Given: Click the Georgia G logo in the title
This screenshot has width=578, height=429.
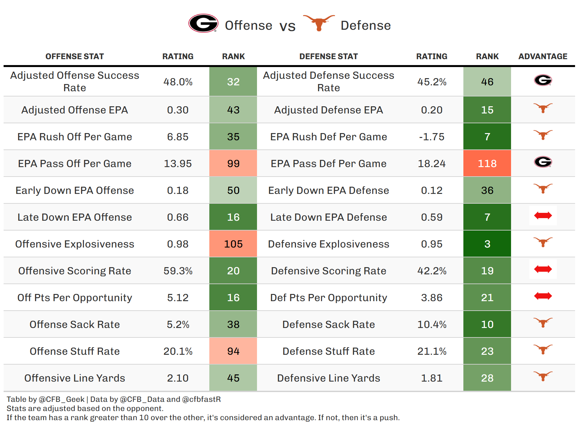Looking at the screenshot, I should click(203, 23).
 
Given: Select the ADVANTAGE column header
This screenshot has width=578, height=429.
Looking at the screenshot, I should click(543, 57).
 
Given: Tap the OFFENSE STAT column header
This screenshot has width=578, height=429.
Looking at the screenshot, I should click(74, 57).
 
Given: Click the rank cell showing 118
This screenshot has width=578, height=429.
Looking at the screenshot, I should click(487, 163).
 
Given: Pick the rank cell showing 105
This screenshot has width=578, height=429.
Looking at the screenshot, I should click(233, 244).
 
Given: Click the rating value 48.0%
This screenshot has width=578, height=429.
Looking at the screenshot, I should click(178, 82).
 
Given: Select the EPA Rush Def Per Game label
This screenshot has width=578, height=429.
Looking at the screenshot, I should click(329, 137).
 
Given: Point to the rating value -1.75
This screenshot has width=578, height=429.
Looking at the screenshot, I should click(432, 137).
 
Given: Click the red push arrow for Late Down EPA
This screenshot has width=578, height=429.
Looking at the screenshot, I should click(543, 215).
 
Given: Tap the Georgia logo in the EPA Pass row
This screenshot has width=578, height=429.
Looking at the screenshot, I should click(543, 162).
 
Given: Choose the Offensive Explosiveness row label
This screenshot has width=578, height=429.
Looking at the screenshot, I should click(74, 244).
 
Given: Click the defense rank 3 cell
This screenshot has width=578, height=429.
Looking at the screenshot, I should click(487, 244).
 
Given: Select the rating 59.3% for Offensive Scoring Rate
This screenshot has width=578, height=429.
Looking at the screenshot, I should click(178, 271).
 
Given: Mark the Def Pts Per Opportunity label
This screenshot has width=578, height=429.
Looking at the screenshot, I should click(329, 298).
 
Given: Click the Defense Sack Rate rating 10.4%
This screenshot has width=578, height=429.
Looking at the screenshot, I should click(432, 324).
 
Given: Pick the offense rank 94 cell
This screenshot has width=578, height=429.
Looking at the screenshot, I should click(233, 351).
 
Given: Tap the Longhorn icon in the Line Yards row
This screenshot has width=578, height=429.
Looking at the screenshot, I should click(543, 376).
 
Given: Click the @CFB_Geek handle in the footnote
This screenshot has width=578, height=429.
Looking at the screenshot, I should click(61, 399).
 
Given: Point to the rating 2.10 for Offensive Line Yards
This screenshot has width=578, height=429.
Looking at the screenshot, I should click(178, 378).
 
